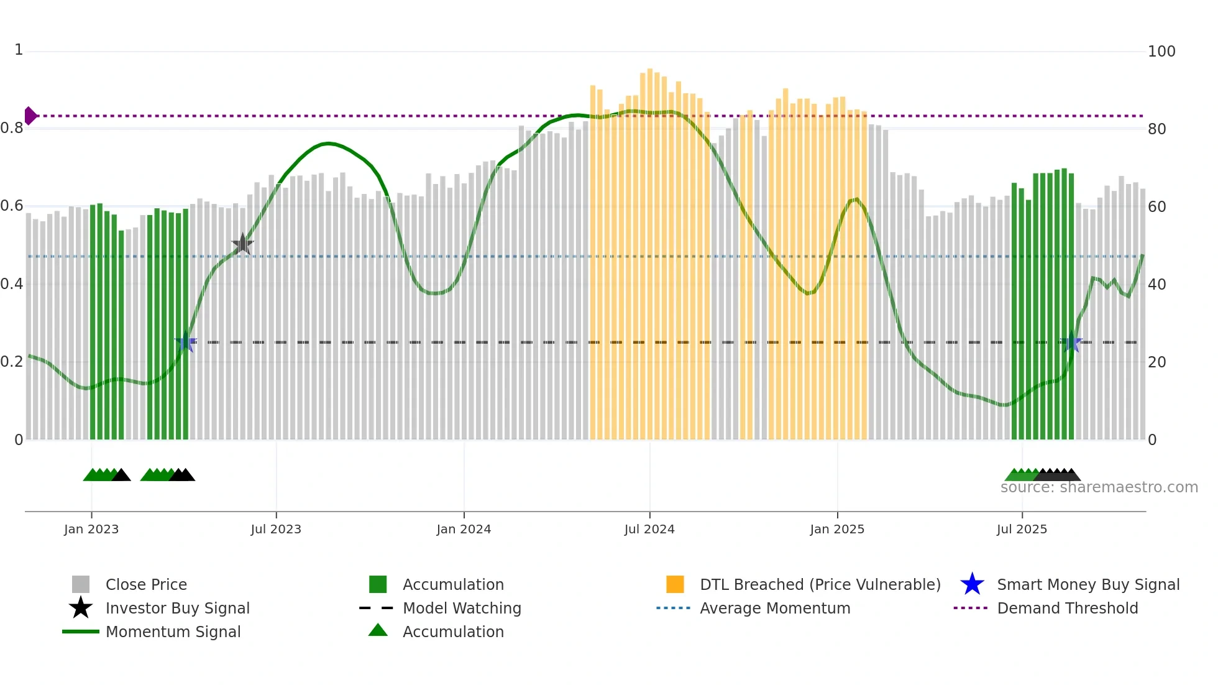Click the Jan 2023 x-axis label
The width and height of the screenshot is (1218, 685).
coord(91,529)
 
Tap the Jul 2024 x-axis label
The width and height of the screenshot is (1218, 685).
coord(649,529)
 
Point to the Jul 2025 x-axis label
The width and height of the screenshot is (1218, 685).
coord(1022,529)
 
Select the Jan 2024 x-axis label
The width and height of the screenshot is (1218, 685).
coord(464,529)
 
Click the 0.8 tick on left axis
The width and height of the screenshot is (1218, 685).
coord(12,129)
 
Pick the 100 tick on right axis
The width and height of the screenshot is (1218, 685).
coord(1161,52)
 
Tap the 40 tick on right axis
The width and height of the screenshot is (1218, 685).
coord(1156,285)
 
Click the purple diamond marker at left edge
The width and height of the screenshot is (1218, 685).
coord(30,116)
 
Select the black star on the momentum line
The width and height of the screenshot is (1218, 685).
coord(242,244)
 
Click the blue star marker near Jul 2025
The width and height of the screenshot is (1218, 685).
coord(1071,342)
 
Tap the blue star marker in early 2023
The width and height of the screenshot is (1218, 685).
coord(185,342)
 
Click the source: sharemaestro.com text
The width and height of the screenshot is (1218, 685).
coord(1099,487)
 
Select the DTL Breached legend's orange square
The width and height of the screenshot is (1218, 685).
coord(675,584)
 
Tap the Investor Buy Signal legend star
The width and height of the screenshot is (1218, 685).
coord(81,608)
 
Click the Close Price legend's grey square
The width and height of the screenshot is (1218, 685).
coord(81,584)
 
